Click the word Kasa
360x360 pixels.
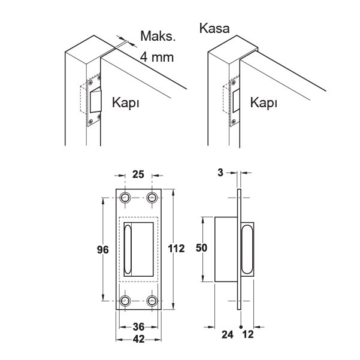[214, 29]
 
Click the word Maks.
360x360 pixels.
[158, 36]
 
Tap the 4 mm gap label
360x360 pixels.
[156, 57]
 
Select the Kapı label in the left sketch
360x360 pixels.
[126, 102]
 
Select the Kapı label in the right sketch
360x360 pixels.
[264, 102]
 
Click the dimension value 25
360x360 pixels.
[138, 174]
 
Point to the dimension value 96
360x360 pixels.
[102, 250]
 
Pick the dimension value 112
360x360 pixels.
[176, 249]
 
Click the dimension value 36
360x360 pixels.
[138, 327]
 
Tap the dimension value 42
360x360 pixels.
[138, 339]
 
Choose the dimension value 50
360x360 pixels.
[201, 248]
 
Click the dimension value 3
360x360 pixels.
[220, 173]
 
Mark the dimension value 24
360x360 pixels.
[227, 335]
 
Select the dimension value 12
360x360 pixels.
[248, 334]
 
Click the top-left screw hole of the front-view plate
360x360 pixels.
[125, 198]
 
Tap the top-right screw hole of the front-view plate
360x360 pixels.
[152, 198]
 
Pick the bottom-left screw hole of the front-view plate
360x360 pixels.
[125, 301]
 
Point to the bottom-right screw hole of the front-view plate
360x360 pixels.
[152, 301]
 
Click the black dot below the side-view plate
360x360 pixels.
[241, 326]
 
